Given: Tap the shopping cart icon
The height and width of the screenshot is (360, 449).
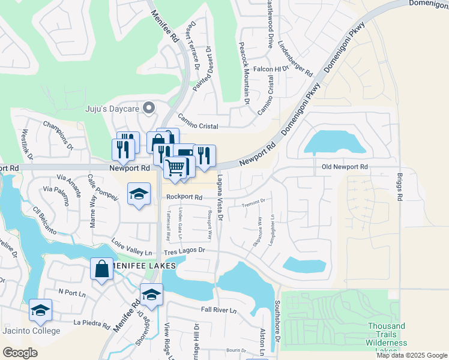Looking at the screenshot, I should [x=175, y=168].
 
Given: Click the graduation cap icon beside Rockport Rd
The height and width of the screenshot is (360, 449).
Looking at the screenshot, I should [x=139, y=194].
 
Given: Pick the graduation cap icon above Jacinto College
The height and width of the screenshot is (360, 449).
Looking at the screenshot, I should [x=40, y=310].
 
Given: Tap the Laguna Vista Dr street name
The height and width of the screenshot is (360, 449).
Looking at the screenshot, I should [x=220, y=199].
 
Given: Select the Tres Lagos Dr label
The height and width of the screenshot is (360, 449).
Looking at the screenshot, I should [x=184, y=250].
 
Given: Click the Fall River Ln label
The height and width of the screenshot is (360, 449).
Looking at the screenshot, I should [x=220, y=310].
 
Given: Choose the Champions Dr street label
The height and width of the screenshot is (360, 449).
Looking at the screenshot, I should [x=58, y=135].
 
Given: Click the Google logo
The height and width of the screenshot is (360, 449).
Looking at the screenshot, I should [x=20, y=352].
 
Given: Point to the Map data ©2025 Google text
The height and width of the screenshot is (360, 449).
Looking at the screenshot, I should [x=411, y=355].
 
